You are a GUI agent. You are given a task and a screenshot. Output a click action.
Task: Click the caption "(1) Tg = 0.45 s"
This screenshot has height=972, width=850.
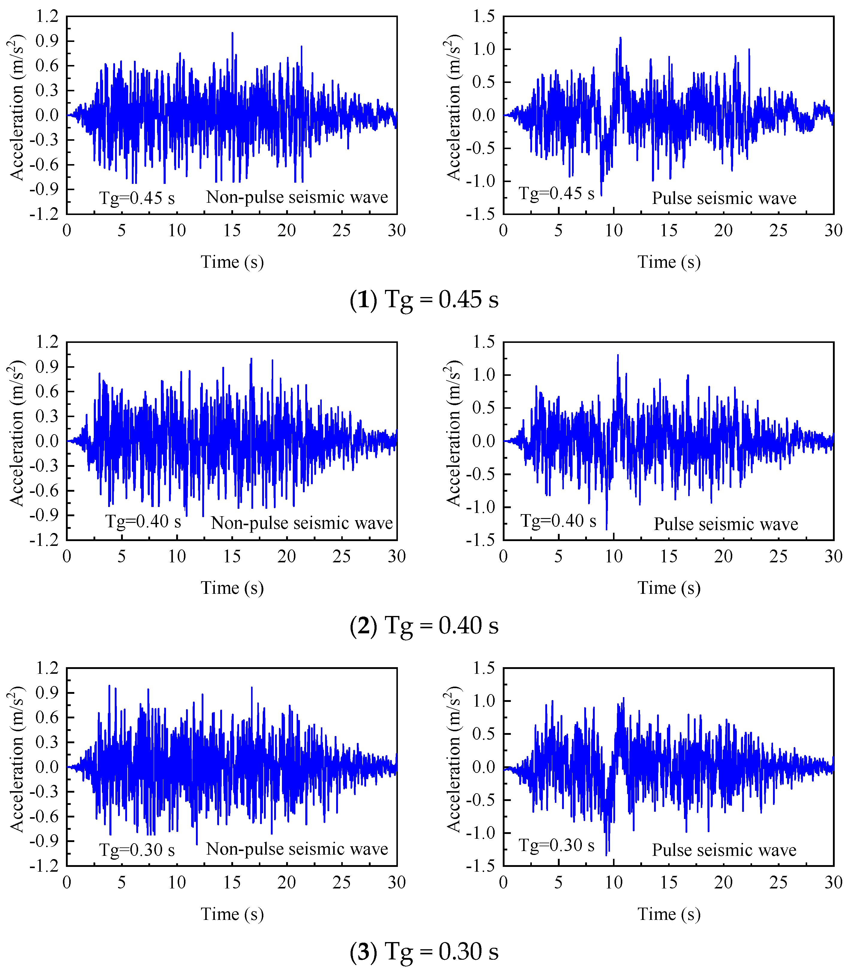point(424,299)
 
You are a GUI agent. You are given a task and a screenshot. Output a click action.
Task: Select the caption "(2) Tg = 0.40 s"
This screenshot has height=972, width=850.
point(424,625)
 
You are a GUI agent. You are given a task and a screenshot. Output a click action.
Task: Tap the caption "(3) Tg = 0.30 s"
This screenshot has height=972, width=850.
point(424,951)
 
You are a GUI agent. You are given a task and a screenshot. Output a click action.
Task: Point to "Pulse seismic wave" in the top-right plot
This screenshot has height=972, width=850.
point(724,198)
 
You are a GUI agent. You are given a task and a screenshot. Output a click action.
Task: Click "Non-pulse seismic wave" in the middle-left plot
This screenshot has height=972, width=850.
point(302,523)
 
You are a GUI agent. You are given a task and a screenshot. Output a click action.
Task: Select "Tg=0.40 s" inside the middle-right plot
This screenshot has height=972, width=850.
point(558,521)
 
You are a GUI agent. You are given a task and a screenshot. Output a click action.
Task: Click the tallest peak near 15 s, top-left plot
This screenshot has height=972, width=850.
point(232,33)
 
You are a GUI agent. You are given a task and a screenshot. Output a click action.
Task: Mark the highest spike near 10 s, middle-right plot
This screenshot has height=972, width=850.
point(618,356)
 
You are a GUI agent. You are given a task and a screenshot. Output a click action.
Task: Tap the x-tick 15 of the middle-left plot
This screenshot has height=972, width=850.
point(232,556)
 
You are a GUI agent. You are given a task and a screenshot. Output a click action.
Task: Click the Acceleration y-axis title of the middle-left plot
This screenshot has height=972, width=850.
point(16,433)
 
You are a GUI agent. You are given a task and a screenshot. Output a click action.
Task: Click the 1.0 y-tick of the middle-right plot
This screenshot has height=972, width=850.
point(484,375)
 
